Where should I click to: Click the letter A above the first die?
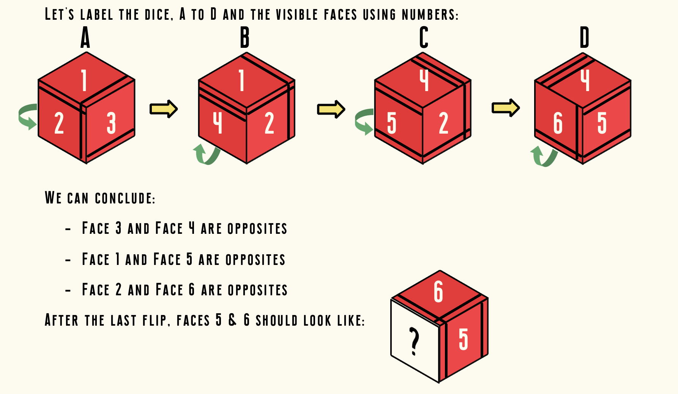tap(85, 38)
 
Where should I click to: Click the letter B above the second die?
tap(245, 38)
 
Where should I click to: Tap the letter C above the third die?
tap(424, 38)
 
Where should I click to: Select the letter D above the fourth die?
tap(584, 38)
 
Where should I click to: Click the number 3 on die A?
tap(111, 123)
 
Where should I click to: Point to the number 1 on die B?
tap(241, 80)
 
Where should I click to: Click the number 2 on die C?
tap(443, 123)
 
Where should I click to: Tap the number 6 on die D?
tap(558, 123)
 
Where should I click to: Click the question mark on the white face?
tap(415, 342)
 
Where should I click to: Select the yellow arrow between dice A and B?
tap(164, 109)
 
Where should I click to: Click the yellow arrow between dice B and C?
tap(331, 109)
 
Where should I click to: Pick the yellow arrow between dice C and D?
tap(506, 108)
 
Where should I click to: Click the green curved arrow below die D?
tap(544, 156)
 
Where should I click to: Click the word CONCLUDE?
tap(125, 199)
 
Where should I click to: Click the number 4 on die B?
tap(217, 123)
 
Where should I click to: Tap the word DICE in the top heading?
tap(157, 15)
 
